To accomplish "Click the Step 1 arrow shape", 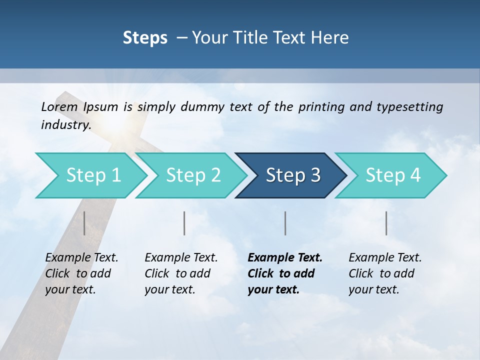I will click(90, 175).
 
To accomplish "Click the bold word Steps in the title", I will click(145, 37).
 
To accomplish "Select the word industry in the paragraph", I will click(65, 125).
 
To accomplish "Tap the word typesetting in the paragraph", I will click(409, 107).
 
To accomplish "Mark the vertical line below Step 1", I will click(84, 223).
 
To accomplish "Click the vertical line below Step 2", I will click(184, 223).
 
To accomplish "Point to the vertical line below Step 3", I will click(285, 223).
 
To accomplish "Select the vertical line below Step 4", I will click(386, 223).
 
